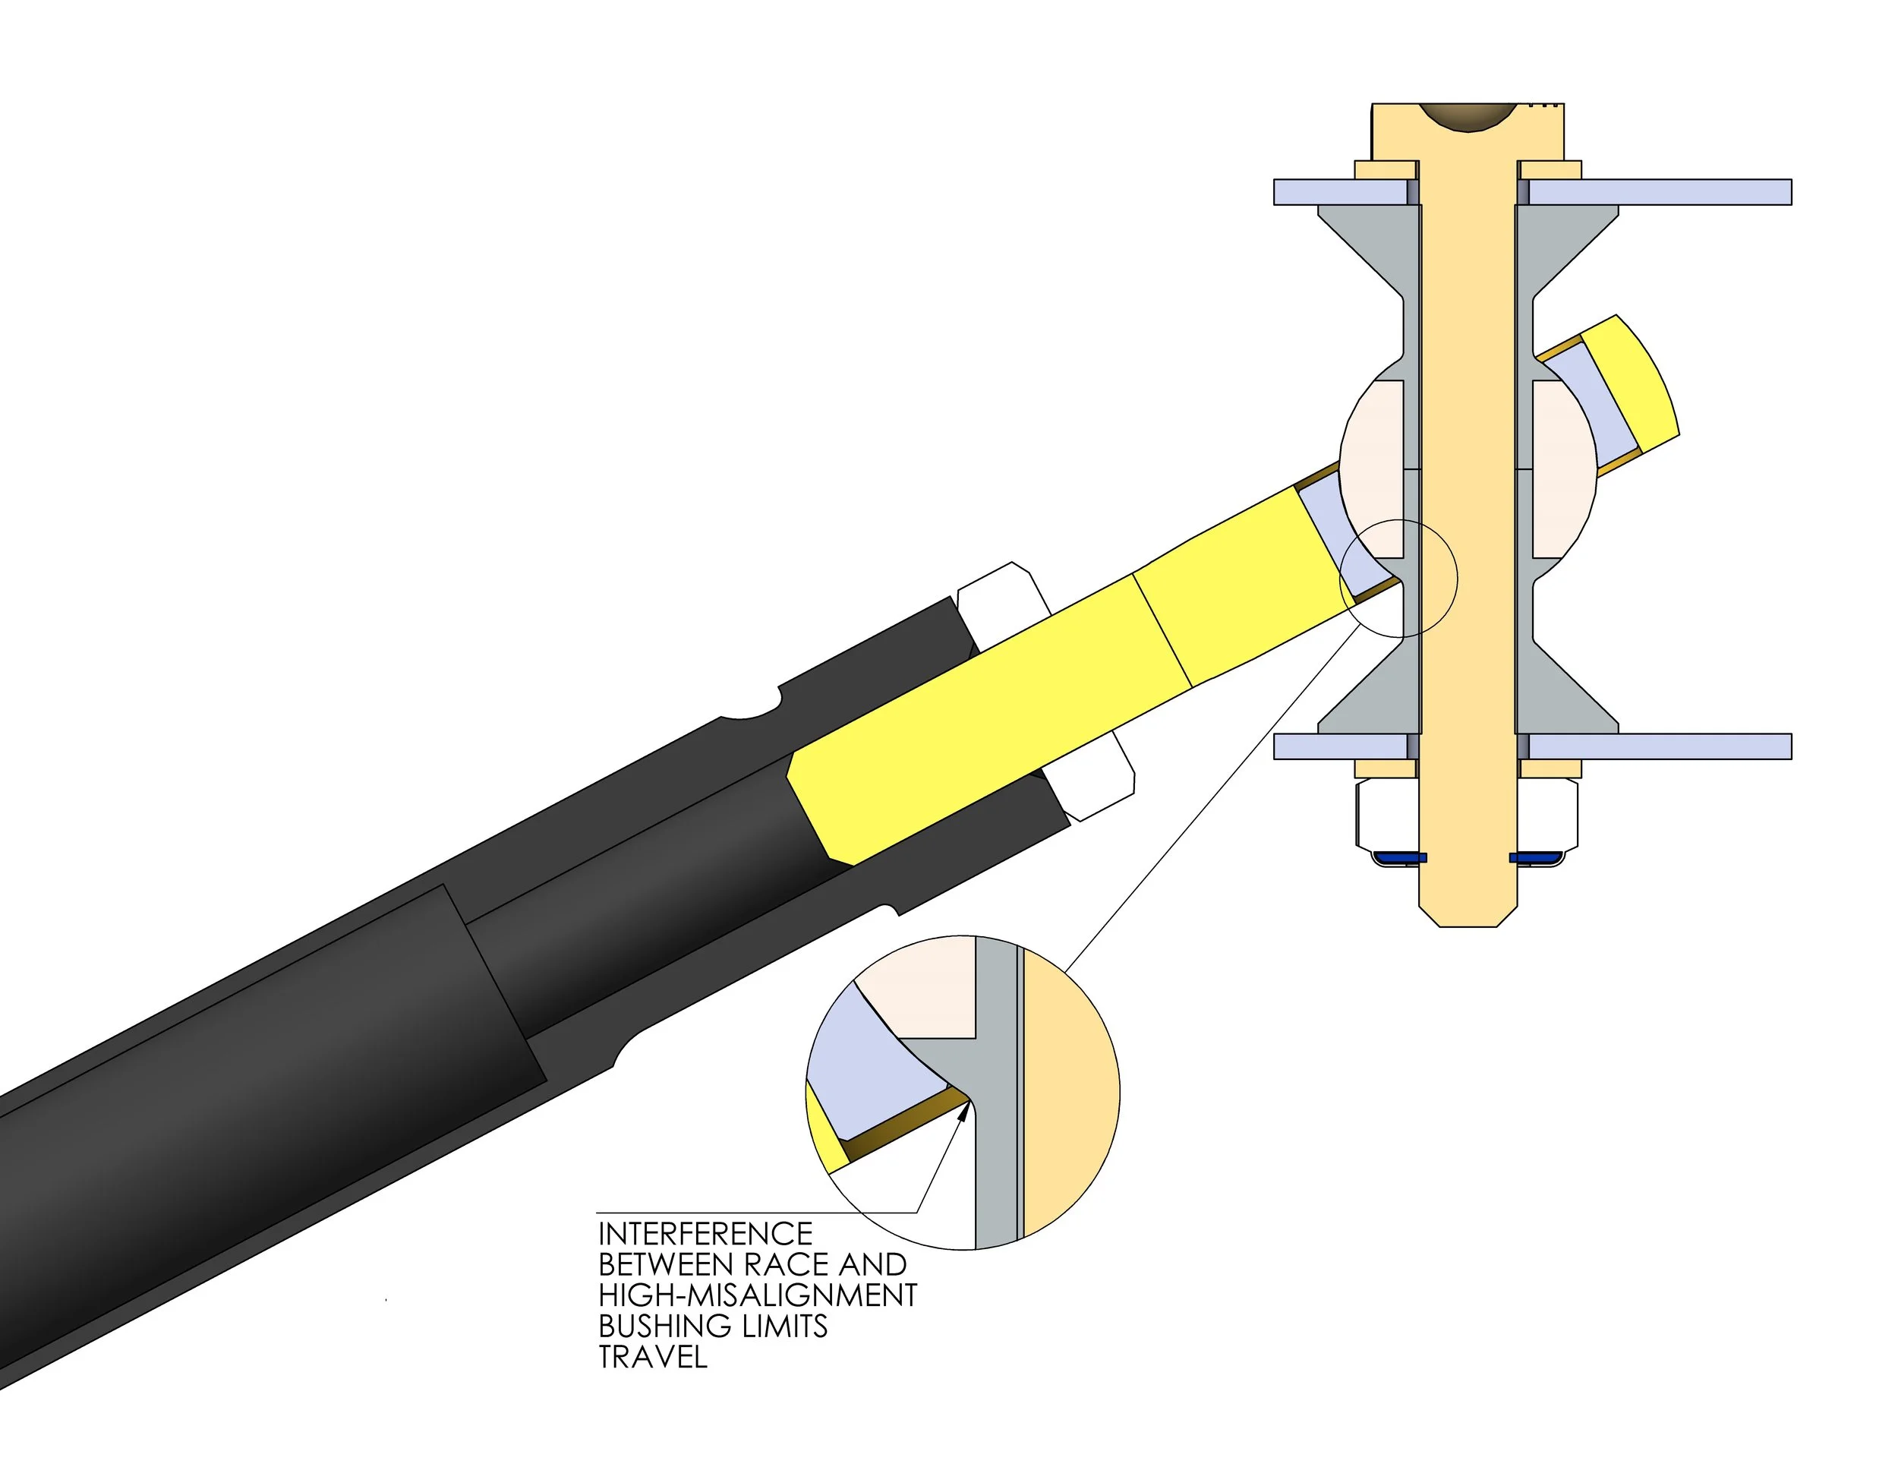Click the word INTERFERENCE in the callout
pyautogui.click(x=705, y=1234)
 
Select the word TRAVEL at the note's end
pyautogui.click(x=653, y=1357)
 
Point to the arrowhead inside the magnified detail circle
pyautogui.click(x=962, y=1112)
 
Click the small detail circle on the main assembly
pyautogui.click(x=1398, y=577)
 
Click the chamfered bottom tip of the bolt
pyautogui.click(x=1468, y=918)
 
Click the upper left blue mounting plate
pyautogui.click(x=1338, y=192)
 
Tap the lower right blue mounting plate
pyautogui.click(x=1660, y=746)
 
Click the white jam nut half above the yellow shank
pyautogui.click(x=999, y=600)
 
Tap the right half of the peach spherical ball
pyautogui.click(x=1562, y=469)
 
